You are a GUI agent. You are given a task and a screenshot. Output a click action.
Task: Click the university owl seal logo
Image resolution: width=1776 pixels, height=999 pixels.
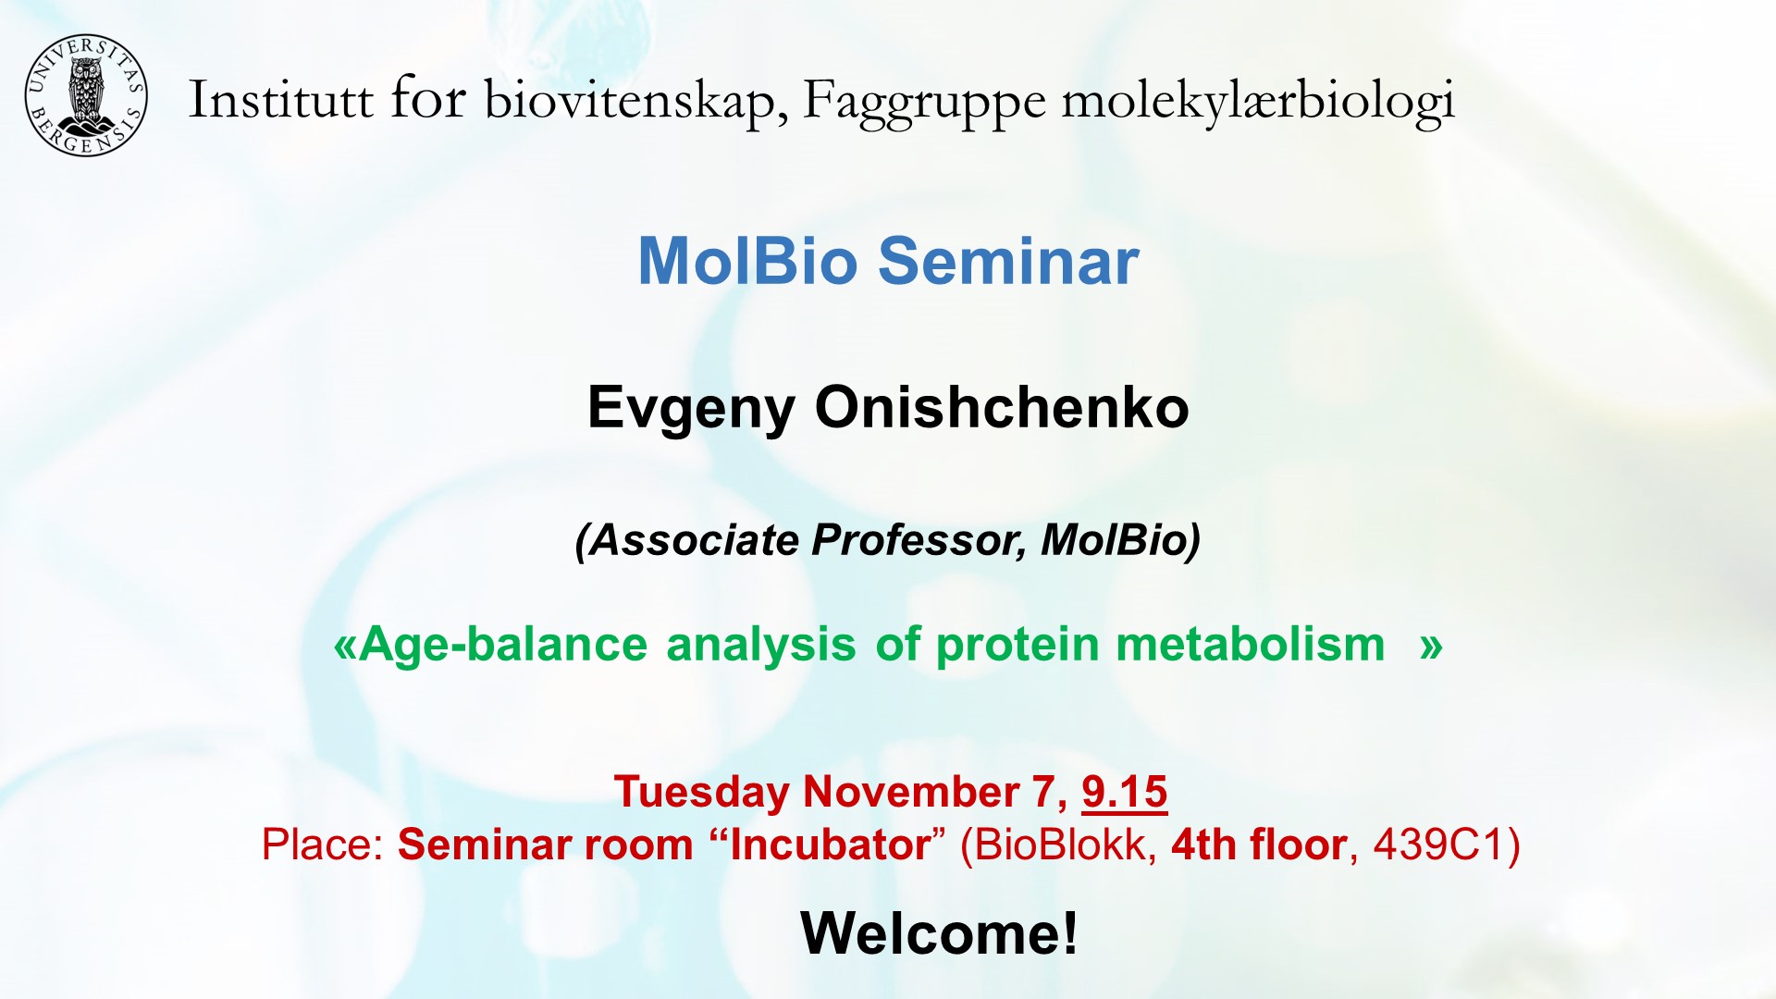(x=85, y=95)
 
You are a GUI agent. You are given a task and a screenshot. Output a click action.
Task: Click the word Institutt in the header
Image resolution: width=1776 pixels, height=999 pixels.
(x=280, y=100)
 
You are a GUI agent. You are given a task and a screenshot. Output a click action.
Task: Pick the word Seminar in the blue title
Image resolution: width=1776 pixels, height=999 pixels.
(x=1008, y=261)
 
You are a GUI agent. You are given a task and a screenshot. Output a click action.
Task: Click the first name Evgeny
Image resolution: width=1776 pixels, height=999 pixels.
(x=691, y=408)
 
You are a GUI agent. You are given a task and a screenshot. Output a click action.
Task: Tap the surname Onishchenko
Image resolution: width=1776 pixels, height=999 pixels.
(x=1002, y=407)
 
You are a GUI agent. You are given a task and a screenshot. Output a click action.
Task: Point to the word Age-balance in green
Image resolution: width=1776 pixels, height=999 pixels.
(x=503, y=645)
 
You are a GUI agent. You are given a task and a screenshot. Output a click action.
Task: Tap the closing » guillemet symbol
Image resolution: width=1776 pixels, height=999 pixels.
(x=1431, y=646)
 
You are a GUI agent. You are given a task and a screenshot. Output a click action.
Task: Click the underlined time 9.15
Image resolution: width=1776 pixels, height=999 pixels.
(x=1124, y=792)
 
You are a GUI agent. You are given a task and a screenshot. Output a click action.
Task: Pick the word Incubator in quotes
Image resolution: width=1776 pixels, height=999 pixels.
(x=829, y=845)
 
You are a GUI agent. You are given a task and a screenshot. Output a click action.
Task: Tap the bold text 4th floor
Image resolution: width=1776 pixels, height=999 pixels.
(x=1258, y=845)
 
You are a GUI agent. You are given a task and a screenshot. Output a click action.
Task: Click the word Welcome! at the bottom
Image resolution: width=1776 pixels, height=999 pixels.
(x=939, y=932)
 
